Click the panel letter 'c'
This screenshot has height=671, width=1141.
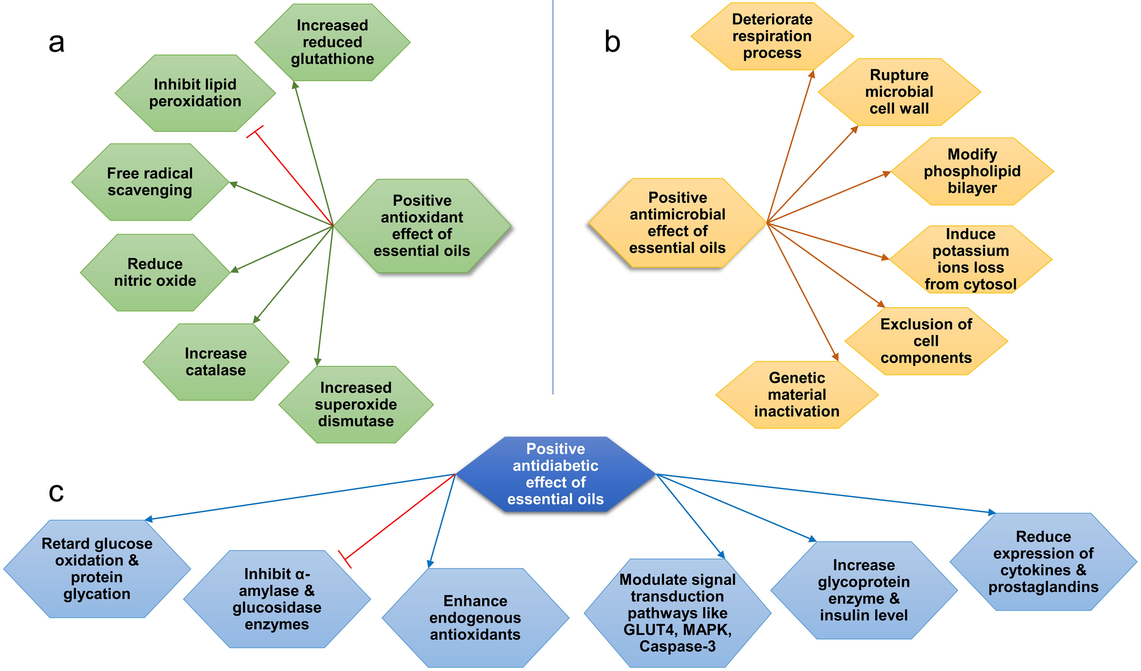56,492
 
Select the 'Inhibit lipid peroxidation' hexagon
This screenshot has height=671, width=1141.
195,93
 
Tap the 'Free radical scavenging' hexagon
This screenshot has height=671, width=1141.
150,182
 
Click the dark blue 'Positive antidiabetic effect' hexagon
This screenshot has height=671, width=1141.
556,474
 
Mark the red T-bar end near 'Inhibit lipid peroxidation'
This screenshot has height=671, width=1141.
255,132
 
